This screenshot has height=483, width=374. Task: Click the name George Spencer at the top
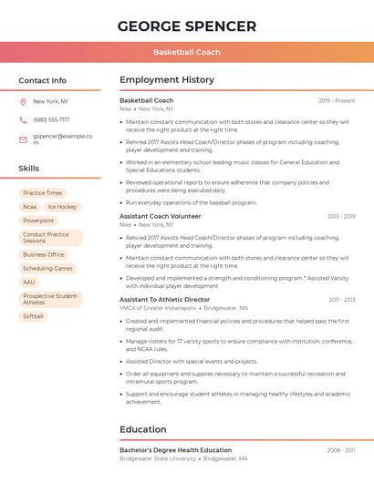pos(187,26)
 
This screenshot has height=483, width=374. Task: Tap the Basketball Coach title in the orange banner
pos(187,52)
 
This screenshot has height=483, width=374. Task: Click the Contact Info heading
pos(43,80)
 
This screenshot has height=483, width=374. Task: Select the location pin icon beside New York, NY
pos(23,101)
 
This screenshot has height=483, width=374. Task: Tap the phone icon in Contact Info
pos(23,119)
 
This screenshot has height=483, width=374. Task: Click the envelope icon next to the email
pos(23,139)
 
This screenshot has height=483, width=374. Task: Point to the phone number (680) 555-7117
pos(51,119)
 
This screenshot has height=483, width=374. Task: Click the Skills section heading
pos(29,169)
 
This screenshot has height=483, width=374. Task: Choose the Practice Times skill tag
pos(43,193)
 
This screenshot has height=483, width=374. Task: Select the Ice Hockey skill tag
pos(62,207)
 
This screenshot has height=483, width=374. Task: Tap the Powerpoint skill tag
pos(38,221)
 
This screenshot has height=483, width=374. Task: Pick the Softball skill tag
pos(34,316)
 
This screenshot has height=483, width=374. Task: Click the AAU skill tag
pos(29,283)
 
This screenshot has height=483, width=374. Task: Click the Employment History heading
pos(167,80)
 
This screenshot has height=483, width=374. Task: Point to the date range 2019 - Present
pos(337,100)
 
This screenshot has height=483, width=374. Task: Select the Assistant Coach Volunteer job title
pos(161,216)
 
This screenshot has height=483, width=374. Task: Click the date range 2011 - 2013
pos(341,299)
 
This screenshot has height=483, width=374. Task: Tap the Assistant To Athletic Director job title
pos(164,299)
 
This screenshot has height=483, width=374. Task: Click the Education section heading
pos(143,429)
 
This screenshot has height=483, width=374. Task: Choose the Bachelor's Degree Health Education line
pos(175,450)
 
